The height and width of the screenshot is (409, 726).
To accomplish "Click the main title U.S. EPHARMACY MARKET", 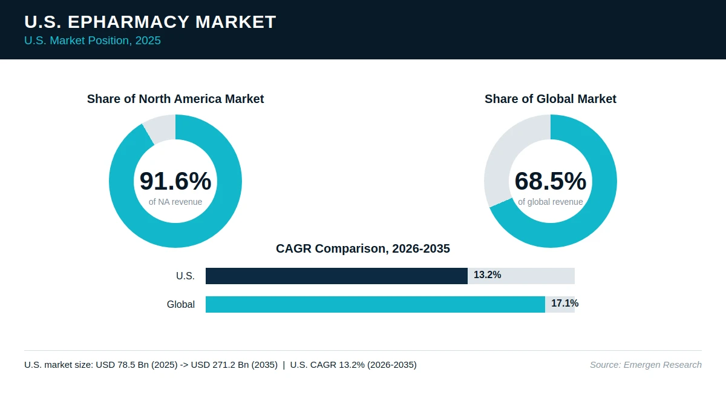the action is point(150,22).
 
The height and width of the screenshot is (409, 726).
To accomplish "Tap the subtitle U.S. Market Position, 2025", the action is point(93,41).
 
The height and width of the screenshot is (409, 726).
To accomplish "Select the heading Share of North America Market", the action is point(175,99).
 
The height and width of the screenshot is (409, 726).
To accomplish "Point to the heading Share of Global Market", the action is point(551,99).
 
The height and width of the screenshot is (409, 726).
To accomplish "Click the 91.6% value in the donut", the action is point(175,181).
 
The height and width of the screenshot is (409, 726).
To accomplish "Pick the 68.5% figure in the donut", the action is point(551,181).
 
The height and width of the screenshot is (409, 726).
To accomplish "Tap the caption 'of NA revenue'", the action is point(175,202).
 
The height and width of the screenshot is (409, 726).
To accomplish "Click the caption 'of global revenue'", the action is point(551,202).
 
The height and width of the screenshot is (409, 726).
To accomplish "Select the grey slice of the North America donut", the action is point(161,129).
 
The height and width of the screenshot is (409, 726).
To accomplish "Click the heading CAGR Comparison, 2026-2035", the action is point(363,248).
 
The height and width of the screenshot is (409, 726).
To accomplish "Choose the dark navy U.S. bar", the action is point(336,276).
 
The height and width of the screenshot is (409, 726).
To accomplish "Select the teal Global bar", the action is point(375,304).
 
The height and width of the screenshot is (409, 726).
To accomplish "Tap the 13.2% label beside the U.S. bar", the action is point(488,275).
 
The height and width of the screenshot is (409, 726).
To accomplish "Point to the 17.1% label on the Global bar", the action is point(565,304).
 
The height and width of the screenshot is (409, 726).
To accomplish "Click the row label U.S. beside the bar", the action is point(185,276).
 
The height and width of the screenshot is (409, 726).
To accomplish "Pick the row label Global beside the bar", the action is point(181,304).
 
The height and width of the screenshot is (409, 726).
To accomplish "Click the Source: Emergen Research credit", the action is point(646,365).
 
